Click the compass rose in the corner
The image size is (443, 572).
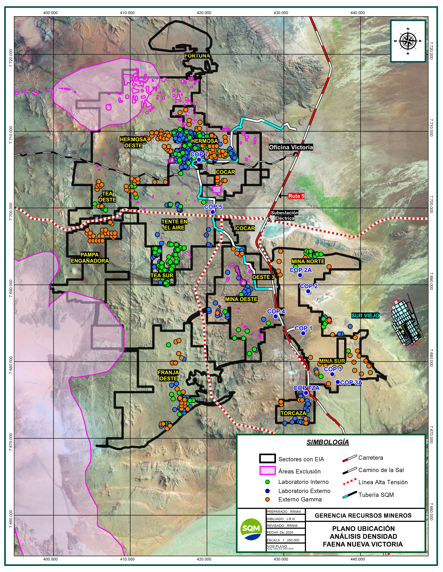click(x=408, y=41)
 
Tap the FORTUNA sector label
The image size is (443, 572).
click(x=197, y=56)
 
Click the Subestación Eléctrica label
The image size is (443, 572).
click(x=285, y=216)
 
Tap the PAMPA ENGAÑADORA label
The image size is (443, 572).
click(x=90, y=258)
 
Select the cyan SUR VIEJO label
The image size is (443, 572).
click(x=365, y=316)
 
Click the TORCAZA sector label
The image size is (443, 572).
click(x=293, y=413)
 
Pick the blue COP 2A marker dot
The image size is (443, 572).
click(x=300, y=275)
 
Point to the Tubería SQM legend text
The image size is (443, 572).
click(x=376, y=495)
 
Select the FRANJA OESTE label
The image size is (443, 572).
click(x=168, y=376)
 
